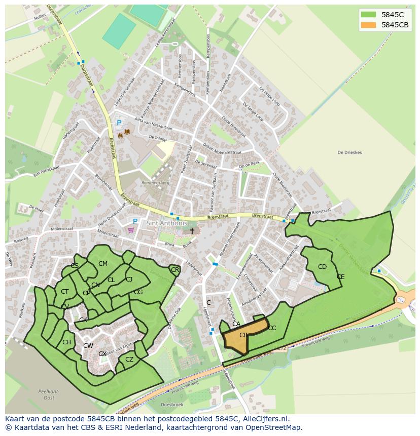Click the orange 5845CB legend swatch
pyautogui.click(x=369, y=25)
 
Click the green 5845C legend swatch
pyautogui.click(x=369, y=15)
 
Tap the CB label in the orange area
pyautogui.click(x=243, y=335)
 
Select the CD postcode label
pyautogui.click(x=322, y=267)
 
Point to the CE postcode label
pyautogui.click(x=341, y=277)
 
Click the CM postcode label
pyautogui.click(x=103, y=264)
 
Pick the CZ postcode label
pyautogui.click(x=129, y=360)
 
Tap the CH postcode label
pyautogui.click(x=66, y=342)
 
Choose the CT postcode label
pyautogui.click(x=64, y=292)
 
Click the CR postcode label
pyautogui.click(x=175, y=270)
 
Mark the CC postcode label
pyautogui.click(x=272, y=328)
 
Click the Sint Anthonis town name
pyautogui.click(x=167, y=223)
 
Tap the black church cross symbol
pyautogui.click(x=192, y=231)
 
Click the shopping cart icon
pyautogui.click(x=132, y=230)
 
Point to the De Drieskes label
pyautogui.click(x=348, y=152)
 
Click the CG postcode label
pyautogui.click(x=138, y=292)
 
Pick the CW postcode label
pyautogui.click(x=88, y=346)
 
